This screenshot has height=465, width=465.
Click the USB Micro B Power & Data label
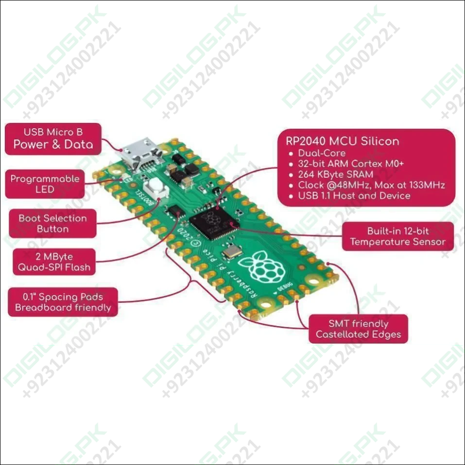pyautogui.click(x=53, y=138)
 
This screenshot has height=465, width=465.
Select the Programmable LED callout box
pyautogui.click(x=45, y=184)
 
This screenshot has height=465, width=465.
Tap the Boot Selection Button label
pyautogui.click(x=52, y=224)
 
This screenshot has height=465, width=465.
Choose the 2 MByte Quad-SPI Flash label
pyautogui.click(x=54, y=261)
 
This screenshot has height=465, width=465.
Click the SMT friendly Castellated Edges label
pyautogui.click(x=358, y=329)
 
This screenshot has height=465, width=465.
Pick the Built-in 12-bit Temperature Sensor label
pyautogui.click(x=397, y=237)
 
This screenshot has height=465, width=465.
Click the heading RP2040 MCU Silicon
pyautogui.click(x=339, y=141)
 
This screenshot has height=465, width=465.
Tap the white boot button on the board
pyautogui.click(x=155, y=185)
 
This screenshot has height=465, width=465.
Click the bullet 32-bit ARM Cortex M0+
pyautogui.click(x=351, y=164)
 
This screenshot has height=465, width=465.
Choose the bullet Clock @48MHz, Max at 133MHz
pyautogui.click(x=371, y=185)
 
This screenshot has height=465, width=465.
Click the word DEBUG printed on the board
pyautogui.click(x=285, y=290)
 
